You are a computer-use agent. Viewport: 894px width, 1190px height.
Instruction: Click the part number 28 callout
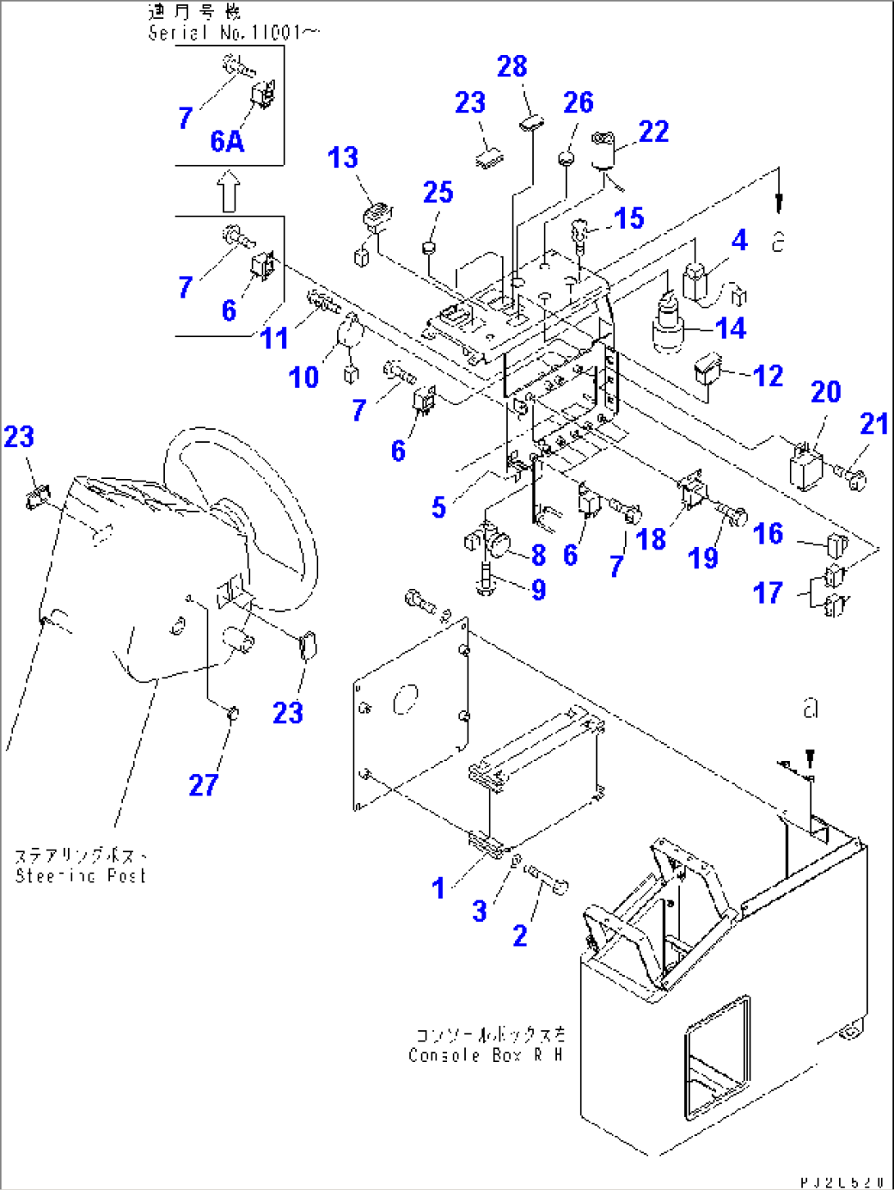click(x=512, y=67)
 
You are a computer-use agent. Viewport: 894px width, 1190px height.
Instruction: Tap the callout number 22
click(x=653, y=132)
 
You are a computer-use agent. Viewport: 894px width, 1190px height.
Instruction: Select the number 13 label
click(x=343, y=157)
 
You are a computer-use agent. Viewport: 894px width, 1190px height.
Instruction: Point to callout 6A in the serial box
click(x=227, y=142)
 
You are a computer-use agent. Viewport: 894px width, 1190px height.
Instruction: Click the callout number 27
click(x=203, y=785)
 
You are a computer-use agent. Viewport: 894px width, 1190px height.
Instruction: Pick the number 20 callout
click(x=825, y=392)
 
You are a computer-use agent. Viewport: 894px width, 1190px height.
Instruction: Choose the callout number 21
click(x=874, y=424)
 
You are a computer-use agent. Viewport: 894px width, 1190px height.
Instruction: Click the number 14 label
click(x=730, y=329)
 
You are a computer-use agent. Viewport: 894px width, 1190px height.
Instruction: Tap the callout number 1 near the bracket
click(x=439, y=887)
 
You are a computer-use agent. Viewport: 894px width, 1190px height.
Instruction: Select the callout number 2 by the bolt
click(x=520, y=935)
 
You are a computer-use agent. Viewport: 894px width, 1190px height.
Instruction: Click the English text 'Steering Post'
click(x=80, y=876)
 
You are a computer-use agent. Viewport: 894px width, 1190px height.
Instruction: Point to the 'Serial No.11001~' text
click(x=234, y=33)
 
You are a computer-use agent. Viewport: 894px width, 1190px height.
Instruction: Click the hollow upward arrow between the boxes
click(x=230, y=191)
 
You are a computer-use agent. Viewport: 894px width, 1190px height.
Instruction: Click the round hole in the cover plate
click(x=405, y=700)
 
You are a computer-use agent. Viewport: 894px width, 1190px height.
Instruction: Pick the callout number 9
click(x=538, y=589)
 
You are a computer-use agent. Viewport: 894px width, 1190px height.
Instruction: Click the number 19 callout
click(x=703, y=558)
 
